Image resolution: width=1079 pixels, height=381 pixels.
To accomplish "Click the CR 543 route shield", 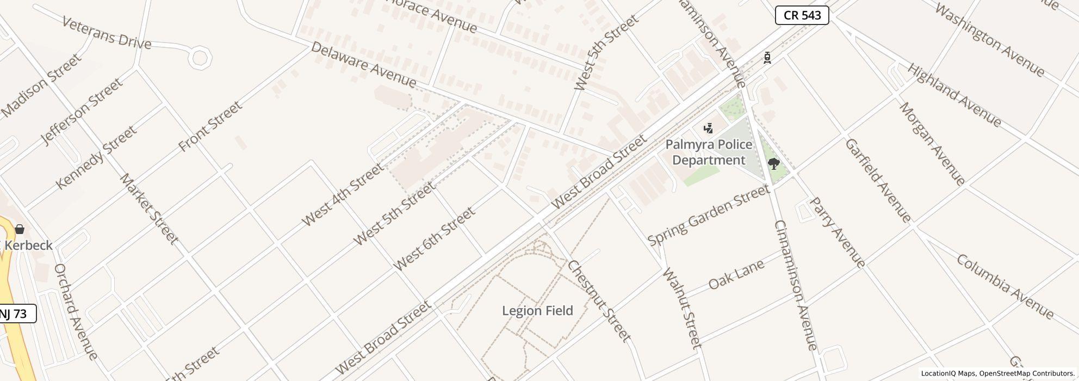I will (x=802, y=15).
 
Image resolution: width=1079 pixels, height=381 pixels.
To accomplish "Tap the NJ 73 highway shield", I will (x=16, y=314).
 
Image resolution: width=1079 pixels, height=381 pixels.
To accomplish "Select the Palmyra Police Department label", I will (x=709, y=152).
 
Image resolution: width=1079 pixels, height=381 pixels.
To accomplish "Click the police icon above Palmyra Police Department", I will (x=708, y=128).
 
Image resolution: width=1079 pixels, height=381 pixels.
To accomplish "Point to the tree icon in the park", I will (x=773, y=163).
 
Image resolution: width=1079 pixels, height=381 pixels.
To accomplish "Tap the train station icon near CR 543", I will (x=767, y=58).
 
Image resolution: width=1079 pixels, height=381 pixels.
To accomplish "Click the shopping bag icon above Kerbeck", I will (x=20, y=229).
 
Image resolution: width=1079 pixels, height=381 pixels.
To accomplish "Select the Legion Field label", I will (x=537, y=311).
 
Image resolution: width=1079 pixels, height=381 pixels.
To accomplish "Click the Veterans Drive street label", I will (x=107, y=33).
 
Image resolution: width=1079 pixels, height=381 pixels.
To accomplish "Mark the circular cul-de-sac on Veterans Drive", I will (x=200, y=58).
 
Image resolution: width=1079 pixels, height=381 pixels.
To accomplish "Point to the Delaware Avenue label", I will (x=363, y=64).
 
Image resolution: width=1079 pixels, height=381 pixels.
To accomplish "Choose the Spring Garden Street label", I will (x=708, y=216).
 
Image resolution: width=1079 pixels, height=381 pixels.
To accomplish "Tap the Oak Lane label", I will (x=736, y=274).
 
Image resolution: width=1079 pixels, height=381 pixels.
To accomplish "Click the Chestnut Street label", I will (x=599, y=301).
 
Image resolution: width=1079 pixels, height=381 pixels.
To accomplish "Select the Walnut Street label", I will (x=682, y=308).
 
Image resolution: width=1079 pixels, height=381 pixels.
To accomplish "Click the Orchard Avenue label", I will (x=76, y=312).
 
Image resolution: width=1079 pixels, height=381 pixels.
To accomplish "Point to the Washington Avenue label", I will (x=989, y=40).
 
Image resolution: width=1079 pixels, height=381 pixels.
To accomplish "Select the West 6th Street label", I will (x=434, y=239).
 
